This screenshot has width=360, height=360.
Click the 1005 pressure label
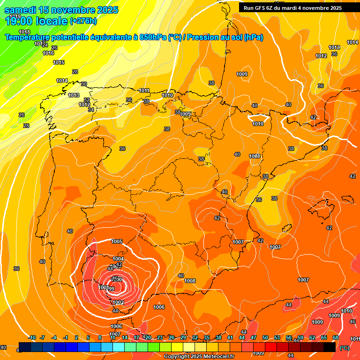117,242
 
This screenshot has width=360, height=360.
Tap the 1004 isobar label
118,259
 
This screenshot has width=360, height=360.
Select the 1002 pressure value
118,303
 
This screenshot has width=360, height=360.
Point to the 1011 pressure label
144,91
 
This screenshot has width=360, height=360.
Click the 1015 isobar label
59,63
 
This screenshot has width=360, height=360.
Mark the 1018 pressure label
24,32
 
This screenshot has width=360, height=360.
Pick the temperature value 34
91,110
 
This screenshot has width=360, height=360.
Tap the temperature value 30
84,84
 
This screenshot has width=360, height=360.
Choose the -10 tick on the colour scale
31,338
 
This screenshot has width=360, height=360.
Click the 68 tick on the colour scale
336,338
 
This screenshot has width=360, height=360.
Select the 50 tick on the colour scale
265,338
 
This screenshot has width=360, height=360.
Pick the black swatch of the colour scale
330,347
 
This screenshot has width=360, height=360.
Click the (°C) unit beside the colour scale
345,347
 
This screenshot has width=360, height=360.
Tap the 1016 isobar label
48,53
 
